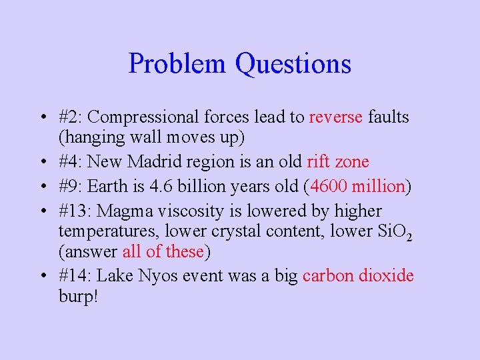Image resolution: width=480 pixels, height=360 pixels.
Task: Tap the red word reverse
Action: coord(336,117)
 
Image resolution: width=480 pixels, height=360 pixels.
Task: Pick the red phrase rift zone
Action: coord(337,162)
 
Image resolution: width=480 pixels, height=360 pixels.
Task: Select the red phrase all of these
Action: coord(163,251)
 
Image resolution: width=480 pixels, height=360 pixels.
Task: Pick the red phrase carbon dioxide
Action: coord(358,276)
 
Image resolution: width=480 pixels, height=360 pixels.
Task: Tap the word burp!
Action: coord(78,296)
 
